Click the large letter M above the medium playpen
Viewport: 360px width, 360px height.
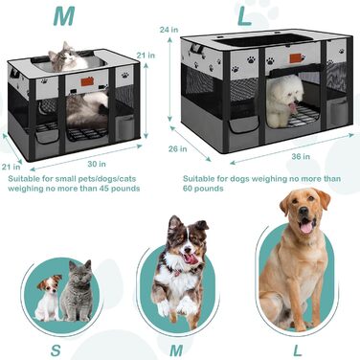pyautogui.click(x=64, y=16)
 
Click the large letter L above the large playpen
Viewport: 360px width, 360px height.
pyautogui.click(x=245, y=15)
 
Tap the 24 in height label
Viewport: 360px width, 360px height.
pyautogui.click(x=169, y=30)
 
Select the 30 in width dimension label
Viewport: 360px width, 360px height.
pyautogui.click(x=97, y=164)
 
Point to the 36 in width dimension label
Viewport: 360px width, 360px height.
pyautogui.click(x=301, y=156)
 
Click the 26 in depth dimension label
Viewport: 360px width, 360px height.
pyautogui.click(x=178, y=148)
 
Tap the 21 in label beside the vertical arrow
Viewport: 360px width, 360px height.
pyautogui.click(x=146, y=56)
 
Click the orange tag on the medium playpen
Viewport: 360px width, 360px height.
pyautogui.click(x=87, y=81)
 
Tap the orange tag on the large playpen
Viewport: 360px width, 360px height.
pyautogui.click(x=296, y=58)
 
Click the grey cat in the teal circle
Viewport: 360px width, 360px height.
pyautogui.click(x=78, y=291)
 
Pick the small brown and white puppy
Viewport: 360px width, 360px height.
pyautogui.click(x=48, y=298)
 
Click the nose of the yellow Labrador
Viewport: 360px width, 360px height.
pyautogui.click(x=304, y=211)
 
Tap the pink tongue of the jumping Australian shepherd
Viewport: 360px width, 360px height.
pyautogui.click(x=191, y=259)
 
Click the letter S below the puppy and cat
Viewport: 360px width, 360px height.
pyautogui.click(x=56, y=350)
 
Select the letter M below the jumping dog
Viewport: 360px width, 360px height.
pyautogui.click(x=176, y=350)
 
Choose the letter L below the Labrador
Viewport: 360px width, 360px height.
pyautogui.click(x=298, y=350)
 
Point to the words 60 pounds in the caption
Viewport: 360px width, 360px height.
pyautogui.click(x=203, y=189)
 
